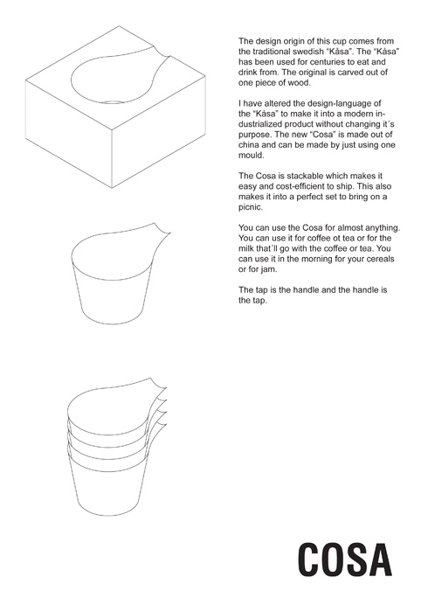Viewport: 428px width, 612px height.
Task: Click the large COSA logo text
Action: pos(344,560)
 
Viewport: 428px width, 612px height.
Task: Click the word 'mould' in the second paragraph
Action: pos(251,155)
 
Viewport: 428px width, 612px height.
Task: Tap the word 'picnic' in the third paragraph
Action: pos(251,207)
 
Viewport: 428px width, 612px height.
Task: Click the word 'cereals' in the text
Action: pos(379,259)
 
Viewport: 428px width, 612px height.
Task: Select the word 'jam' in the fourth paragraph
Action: pos(271,269)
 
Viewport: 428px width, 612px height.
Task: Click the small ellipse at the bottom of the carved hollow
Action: pos(113,102)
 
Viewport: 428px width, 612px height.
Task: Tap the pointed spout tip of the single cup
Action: pos(170,233)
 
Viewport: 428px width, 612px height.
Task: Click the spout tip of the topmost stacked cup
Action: pos(167,387)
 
